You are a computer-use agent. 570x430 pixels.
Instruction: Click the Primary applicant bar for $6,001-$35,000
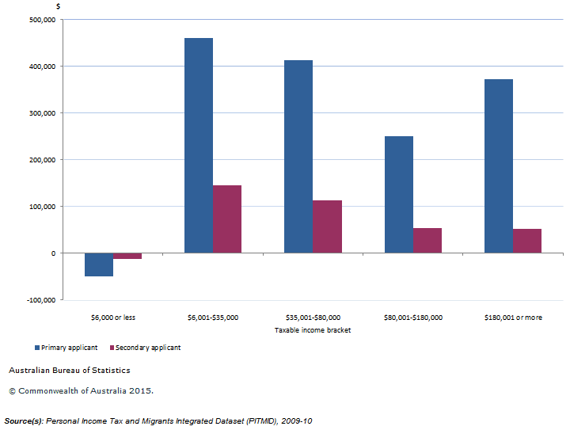coord(198,146)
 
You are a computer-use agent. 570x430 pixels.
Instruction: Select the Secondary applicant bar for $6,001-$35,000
coord(227,219)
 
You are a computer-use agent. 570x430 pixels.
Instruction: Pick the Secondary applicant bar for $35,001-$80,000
coord(327,226)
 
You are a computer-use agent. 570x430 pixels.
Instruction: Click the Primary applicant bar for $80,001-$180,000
coord(398,195)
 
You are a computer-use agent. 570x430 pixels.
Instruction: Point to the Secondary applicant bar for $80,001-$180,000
coord(427,241)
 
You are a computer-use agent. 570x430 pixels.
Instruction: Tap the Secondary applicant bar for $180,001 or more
coord(527,241)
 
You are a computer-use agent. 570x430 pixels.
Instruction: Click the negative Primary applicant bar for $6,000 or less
coord(99,264)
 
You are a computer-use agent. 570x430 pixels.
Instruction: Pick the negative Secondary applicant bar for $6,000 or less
coord(127,256)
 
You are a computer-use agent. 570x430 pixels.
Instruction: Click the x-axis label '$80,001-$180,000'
coord(413,318)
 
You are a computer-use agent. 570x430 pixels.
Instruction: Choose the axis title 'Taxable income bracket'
coord(313,330)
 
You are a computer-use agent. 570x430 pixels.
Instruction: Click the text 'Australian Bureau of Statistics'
coord(70,370)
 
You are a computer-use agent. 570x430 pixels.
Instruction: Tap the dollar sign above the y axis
coord(58,6)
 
